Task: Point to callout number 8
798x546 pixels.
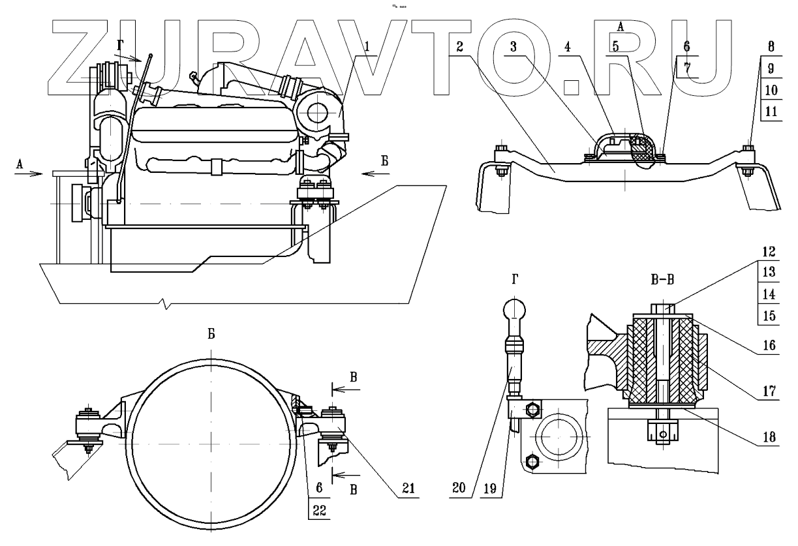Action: (x=771, y=47)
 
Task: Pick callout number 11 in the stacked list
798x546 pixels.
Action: (x=771, y=111)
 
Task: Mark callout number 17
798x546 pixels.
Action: (x=771, y=392)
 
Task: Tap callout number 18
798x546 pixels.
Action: (x=771, y=438)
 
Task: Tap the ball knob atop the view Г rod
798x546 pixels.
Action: (x=515, y=307)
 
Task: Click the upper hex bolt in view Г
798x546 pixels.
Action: (x=532, y=411)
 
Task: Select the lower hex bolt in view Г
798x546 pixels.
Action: (x=533, y=463)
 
